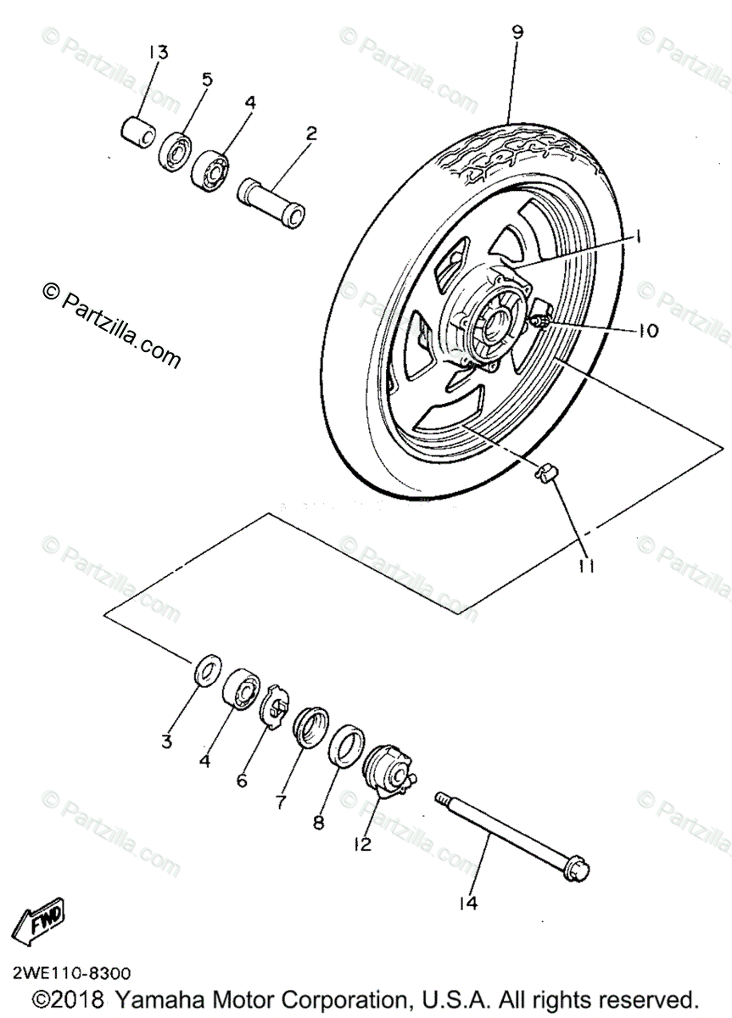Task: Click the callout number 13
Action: click(x=158, y=53)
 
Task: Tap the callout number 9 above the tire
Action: click(x=517, y=33)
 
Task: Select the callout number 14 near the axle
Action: click(x=467, y=904)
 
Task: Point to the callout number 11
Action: click(x=584, y=563)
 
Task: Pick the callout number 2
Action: click(x=311, y=133)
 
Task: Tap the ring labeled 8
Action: click(x=345, y=744)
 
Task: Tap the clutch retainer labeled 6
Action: click(x=278, y=702)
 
